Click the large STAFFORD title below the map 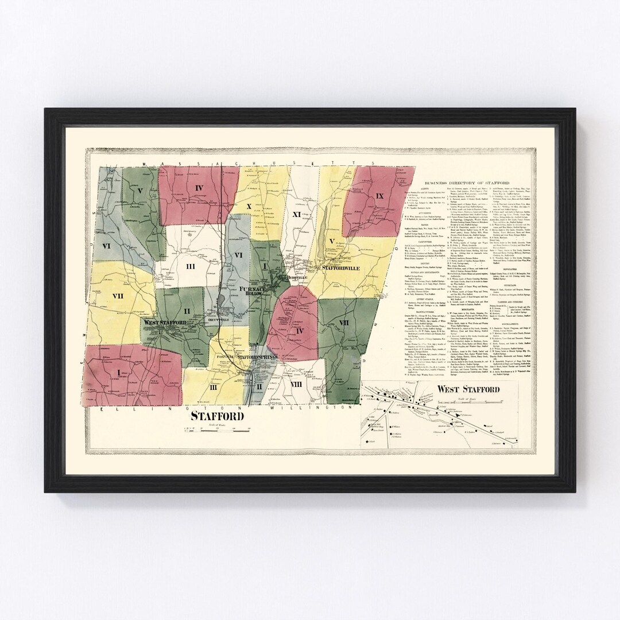pos(217,416)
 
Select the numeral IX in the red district pos(379,196)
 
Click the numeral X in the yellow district pos(249,205)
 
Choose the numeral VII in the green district pos(344,323)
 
